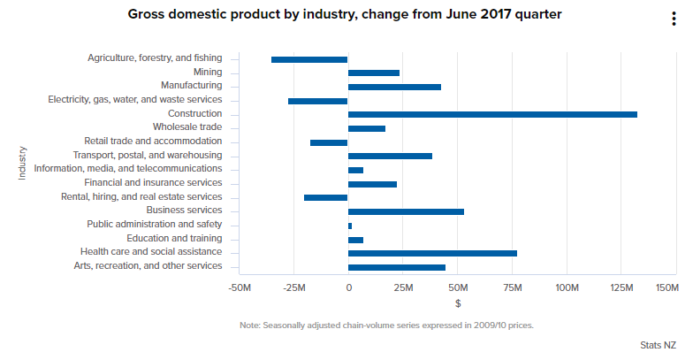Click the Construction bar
(x=492, y=114)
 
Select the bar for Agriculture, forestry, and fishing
(x=309, y=59)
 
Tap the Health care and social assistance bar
(x=432, y=253)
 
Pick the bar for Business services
(x=406, y=211)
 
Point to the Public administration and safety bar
(x=350, y=226)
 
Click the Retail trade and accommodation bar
(x=329, y=142)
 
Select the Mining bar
(x=374, y=73)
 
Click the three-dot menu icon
(x=674, y=20)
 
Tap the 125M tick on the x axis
(x=621, y=288)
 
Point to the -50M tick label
(x=240, y=288)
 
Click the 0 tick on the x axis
(x=348, y=288)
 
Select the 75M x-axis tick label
(x=513, y=288)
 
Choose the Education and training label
(x=174, y=239)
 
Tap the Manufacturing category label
(x=191, y=86)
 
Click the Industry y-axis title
(x=22, y=164)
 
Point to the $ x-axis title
(x=458, y=303)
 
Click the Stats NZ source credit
(x=659, y=344)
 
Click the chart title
(x=345, y=14)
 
